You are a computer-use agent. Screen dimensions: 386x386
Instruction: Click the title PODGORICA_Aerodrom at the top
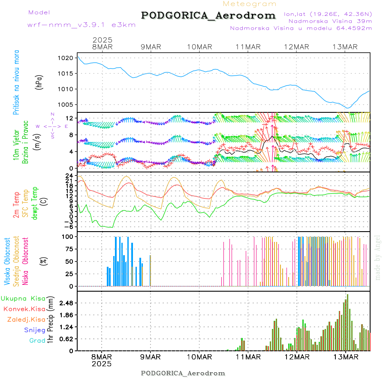(208, 15)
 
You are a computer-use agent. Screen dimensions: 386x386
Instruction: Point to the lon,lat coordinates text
(328, 14)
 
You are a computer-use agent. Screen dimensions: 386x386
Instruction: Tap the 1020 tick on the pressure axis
(67, 58)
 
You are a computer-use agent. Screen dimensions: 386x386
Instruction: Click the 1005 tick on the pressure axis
(67, 105)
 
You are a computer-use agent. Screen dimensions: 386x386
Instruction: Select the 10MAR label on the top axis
(199, 47)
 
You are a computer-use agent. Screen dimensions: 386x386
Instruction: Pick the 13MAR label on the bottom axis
(345, 356)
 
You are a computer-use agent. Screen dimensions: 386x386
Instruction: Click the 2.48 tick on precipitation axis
(66, 303)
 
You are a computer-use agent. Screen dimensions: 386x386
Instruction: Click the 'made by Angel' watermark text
(378, 257)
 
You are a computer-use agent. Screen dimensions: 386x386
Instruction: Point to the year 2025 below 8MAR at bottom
(102, 364)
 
